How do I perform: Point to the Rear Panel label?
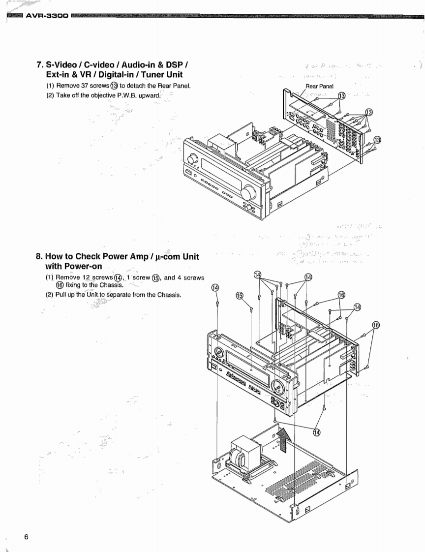[x=319, y=86]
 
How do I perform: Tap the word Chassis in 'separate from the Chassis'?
[x=167, y=295]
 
